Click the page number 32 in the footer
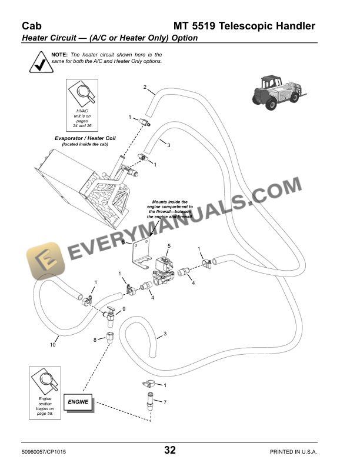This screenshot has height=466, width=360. click(170, 450)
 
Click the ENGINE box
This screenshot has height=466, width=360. click(78, 402)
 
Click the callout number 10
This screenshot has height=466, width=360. click(52, 345)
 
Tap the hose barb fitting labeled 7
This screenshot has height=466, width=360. click(151, 401)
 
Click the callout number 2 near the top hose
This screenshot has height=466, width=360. click(145, 87)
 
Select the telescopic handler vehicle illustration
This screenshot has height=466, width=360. click(279, 92)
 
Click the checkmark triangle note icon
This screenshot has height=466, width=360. click(41, 62)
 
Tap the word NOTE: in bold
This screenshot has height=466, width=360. click(59, 55)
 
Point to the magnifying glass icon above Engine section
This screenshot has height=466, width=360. click(45, 381)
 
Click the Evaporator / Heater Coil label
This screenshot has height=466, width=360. click(85, 138)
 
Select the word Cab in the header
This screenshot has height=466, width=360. click(32, 26)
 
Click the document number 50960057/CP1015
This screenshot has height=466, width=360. click(44, 452)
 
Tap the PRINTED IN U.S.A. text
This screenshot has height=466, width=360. click(294, 452)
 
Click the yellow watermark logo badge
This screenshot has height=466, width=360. click(45, 261)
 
